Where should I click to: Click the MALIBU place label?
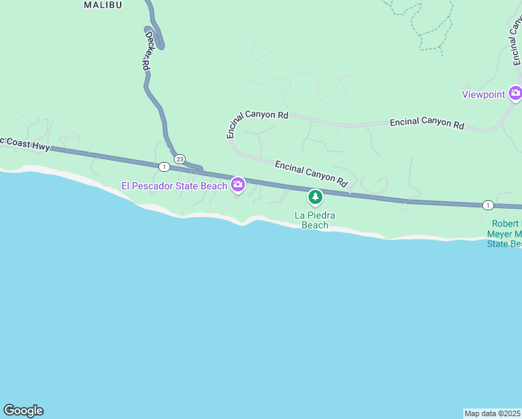point(103,5)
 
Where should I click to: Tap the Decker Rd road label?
point(147,49)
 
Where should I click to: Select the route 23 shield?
point(179,159)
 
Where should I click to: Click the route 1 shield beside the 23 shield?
point(163,166)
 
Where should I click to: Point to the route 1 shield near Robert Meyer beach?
point(487,205)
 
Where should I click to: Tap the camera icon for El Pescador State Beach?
point(238,184)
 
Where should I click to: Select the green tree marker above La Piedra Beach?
point(315,198)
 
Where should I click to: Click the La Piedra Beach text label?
point(315,220)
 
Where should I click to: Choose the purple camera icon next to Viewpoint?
point(515,93)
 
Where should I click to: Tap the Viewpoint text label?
point(484,94)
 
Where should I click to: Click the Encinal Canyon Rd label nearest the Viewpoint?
point(427,123)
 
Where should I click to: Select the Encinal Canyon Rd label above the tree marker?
point(311,174)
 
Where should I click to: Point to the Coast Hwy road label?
point(25,143)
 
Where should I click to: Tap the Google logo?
point(23,411)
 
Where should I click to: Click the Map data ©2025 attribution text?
point(493,413)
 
